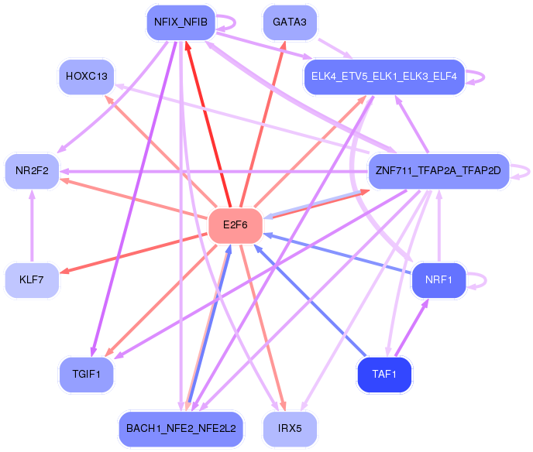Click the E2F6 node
236,225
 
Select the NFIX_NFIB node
180,22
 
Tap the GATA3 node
290,22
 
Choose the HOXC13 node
87,76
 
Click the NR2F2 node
32,171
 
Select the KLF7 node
32,279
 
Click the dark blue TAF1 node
383,375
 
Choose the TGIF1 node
87,375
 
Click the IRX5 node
290,427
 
